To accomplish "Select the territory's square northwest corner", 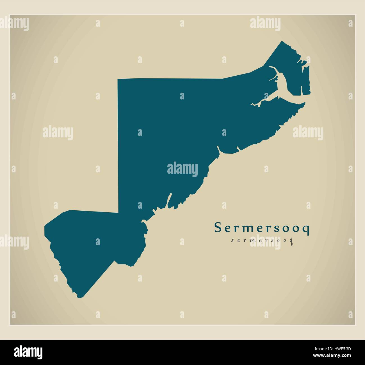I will [118, 80].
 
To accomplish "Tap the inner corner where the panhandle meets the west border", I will [118, 212].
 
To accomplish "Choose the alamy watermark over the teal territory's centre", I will [182, 169].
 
